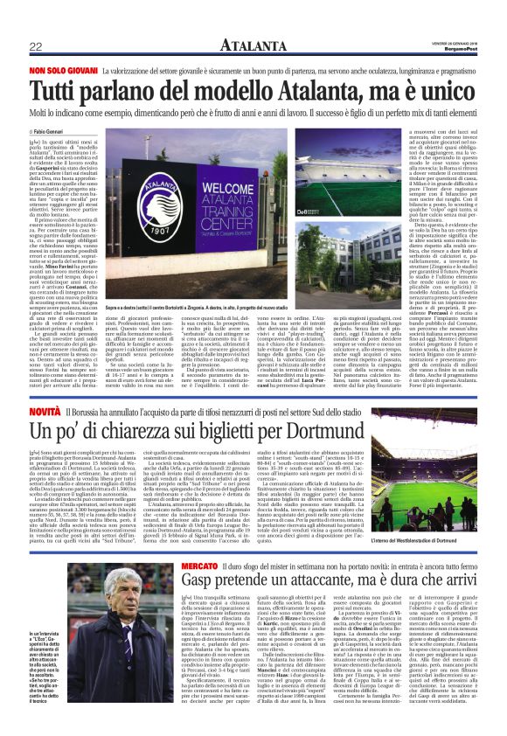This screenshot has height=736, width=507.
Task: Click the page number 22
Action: pyautogui.click(x=36, y=46)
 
